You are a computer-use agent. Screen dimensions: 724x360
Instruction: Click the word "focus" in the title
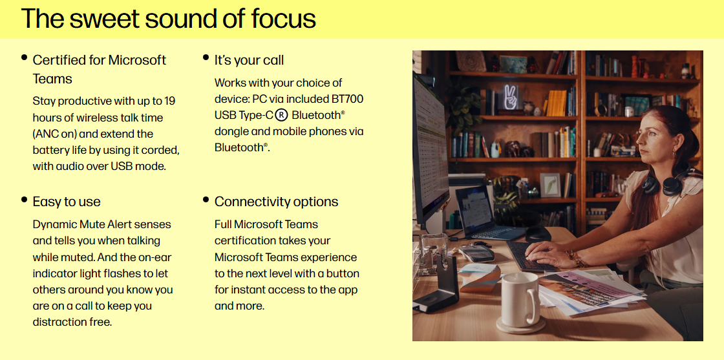(x=284, y=19)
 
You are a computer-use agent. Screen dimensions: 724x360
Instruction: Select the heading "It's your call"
(x=249, y=60)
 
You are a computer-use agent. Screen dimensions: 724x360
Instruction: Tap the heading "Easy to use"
(x=67, y=202)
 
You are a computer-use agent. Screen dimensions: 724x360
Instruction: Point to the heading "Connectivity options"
(x=276, y=202)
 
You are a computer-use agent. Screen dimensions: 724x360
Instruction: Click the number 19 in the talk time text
(x=169, y=101)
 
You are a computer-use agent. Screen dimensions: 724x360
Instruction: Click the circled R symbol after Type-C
(x=281, y=115)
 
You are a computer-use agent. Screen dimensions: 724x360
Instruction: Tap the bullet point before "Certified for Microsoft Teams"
(x=25, y=58)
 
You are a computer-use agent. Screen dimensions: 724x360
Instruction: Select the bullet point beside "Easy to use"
(x=25, y=199)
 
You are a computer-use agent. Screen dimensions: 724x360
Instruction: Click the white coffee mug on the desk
(x=520, y=299)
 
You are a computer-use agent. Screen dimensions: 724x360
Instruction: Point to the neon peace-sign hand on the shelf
(x=510, y=97)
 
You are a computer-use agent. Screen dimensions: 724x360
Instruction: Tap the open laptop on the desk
(x=485, y=214)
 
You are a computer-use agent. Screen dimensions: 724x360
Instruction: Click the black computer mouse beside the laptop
(x=538, y=233)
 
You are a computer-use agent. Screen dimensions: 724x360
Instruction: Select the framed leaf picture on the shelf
(x=550, y=185)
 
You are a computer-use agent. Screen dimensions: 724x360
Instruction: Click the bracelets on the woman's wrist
(x=578, y=259)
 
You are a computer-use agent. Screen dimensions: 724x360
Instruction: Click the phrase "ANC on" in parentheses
(x=61, y=134)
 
